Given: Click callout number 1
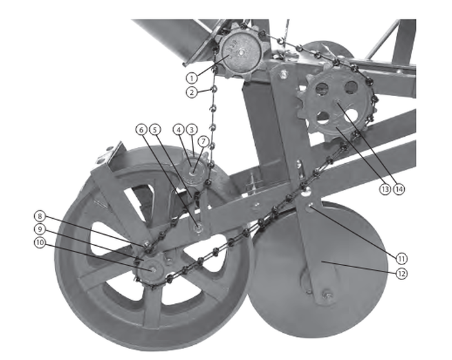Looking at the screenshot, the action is click(x=191, y=78).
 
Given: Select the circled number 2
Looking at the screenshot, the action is click(x=191, y=92).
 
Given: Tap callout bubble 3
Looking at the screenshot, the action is click(x=192, y=130).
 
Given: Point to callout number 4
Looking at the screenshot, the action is click(x=179, y=130).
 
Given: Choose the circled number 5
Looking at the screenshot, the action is click(x=155, y=130).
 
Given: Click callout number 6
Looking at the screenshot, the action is click(x=141, y=130).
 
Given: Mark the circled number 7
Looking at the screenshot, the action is click(x=203, y=141).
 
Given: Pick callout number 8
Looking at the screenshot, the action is click(x=40, y=216).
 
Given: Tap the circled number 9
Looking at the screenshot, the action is click(x=40, y=229).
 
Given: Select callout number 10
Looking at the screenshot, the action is click(x=40, y=242).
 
